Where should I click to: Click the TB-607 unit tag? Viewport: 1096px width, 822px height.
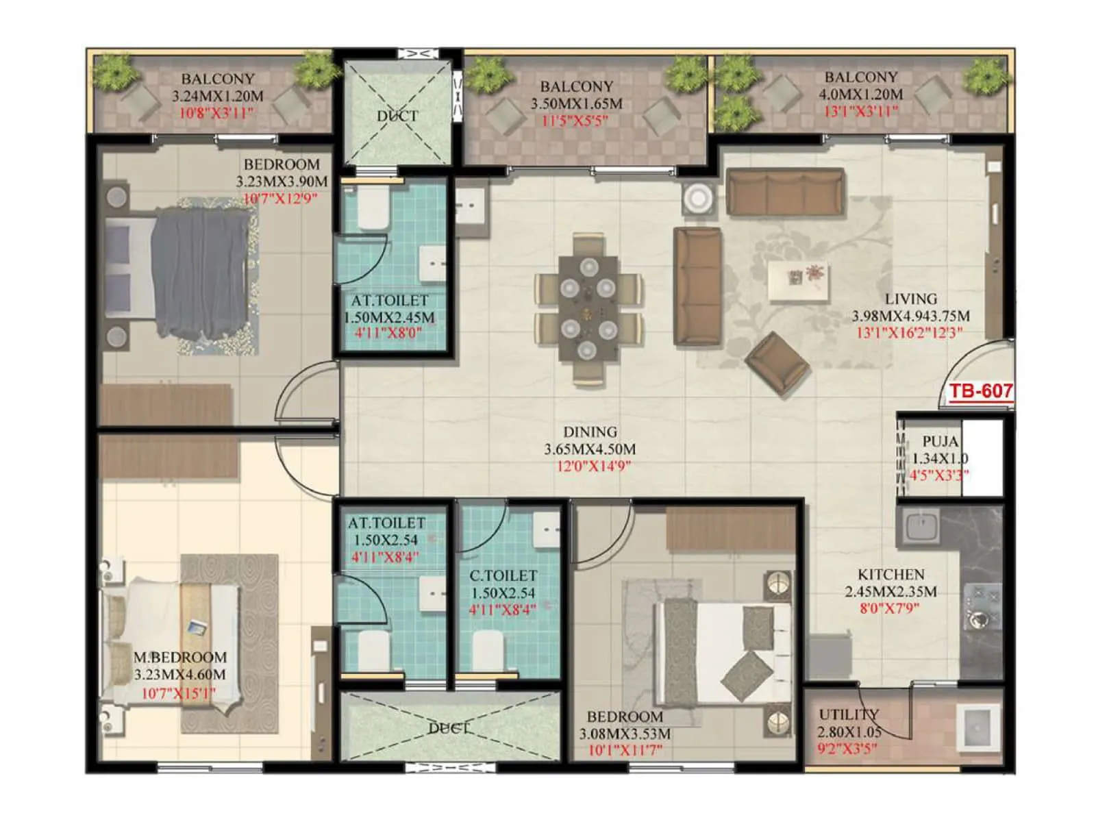(x=980, y=392)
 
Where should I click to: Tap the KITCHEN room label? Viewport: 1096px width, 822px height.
(x=891, y=575)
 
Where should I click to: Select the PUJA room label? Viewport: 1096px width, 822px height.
(x=940, y=442)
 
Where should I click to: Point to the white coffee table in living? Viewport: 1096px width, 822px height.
(x=797, y=282)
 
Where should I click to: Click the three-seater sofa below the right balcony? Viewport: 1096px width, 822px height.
(x=785, y=192)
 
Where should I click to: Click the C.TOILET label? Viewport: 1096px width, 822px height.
(x=503, y=576)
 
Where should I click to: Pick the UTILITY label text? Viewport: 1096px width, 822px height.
(x=848, y=715)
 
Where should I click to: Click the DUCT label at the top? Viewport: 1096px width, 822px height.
(x=397, y=116)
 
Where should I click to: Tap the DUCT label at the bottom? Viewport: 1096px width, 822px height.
(x=448, y=728)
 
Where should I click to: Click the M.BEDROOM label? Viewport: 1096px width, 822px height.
(x=179, y=657)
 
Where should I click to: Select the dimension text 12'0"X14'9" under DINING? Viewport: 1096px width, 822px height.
(x=593, y=466)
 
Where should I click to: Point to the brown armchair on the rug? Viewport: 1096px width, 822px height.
(x=777, y=364)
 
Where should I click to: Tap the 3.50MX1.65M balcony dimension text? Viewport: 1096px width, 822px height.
(x=576, y=104)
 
